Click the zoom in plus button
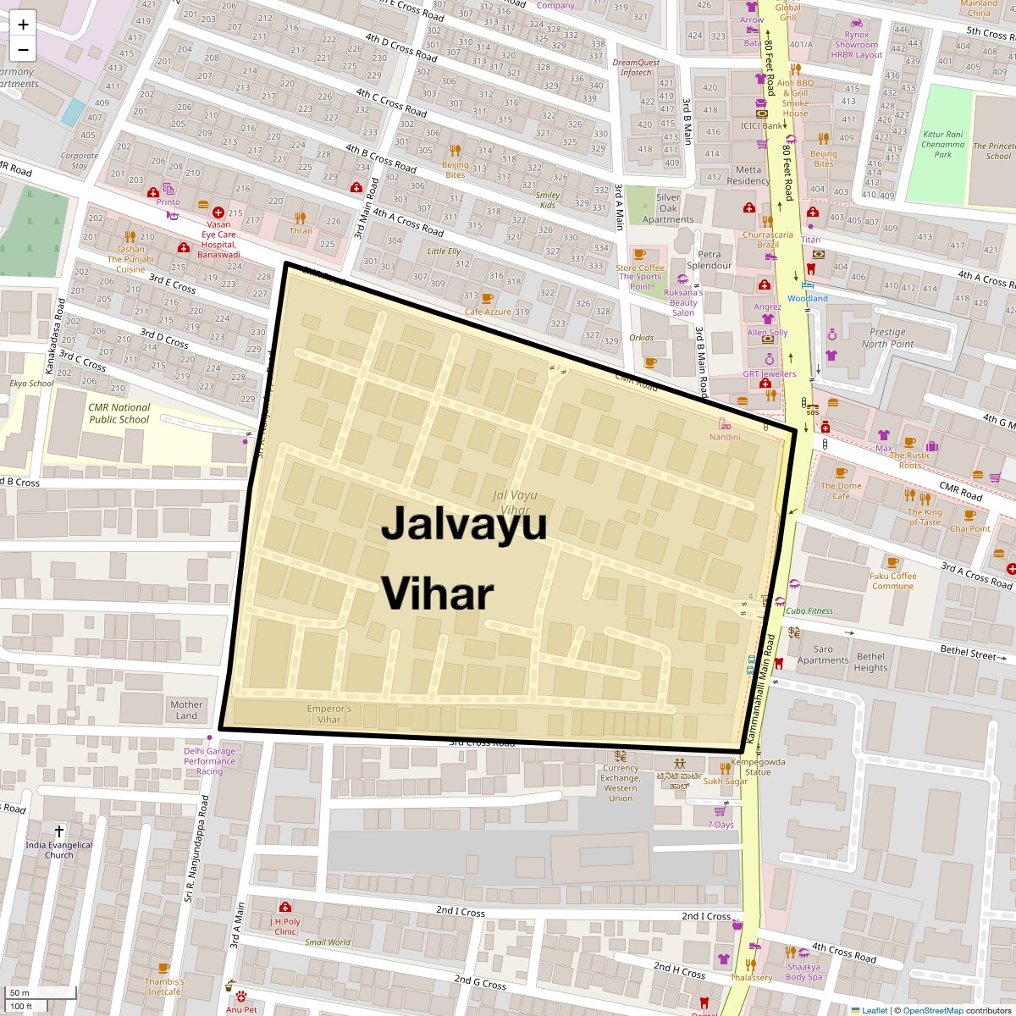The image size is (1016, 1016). coord(23,25)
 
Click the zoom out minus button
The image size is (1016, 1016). coord(23,50)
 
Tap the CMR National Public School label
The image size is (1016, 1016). coord(119,413)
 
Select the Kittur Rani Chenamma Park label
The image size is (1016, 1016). coord(942,145)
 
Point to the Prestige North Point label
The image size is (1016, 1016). coord(887,338)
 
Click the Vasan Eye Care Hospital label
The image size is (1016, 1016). coord(218,240)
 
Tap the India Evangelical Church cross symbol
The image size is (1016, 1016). coord(59,832)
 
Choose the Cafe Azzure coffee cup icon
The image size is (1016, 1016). coord(487,298)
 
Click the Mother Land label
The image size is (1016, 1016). coord(186,710)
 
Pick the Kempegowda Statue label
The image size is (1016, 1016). coord(758,766)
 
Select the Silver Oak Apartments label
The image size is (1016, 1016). coord(668,208)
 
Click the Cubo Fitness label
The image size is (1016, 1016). coord(809,610)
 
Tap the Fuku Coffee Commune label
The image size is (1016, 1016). coord(892,581)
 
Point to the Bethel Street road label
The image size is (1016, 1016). coord(968,652)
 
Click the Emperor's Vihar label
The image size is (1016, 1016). coord(329,714)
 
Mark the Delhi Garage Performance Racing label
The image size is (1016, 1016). coord(210,761)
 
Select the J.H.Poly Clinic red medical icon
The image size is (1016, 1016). coord(284,907)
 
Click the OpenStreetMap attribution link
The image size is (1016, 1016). coord(932,1010)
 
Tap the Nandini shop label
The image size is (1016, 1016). coord(725,437)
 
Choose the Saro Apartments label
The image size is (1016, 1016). coord(822,654)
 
